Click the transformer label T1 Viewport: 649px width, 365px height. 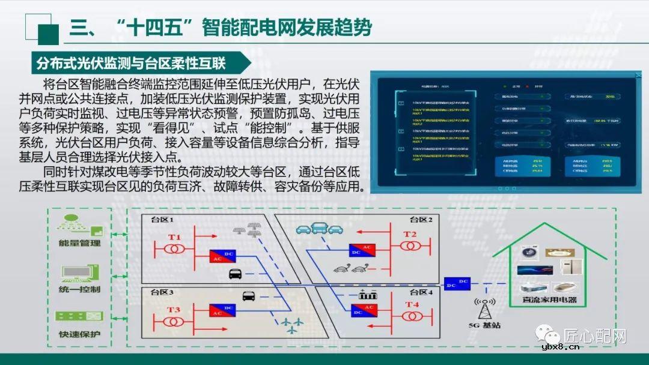pyautogui.click(x=174, y=237)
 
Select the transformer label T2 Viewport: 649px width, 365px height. pyautogui.click(x=410, y=234)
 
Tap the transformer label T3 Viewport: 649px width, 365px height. pyautogui.click(x=174, y=309)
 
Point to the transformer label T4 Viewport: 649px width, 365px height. pyautogui.click(x=412, y=305)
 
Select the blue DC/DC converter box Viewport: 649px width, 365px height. pyautogui.click(x=457, y=283)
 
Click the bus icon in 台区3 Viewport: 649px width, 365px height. pyautogui.click(x=249, y=295)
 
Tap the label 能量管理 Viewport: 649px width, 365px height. pyautogui.click(x=79, y=243)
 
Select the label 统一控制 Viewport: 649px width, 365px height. pyautogui.click(x=79, y=289)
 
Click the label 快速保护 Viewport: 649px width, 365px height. pyautogui.click(x=79, y=334)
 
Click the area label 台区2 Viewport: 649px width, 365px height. pyautogui.click(x=421, y=220)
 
